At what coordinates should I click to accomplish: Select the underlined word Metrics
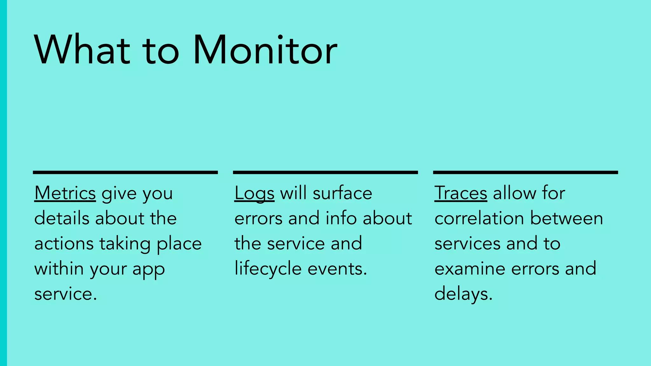coord(65,193)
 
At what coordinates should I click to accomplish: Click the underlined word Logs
coord(254,193)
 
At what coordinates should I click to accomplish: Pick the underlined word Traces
coord(461,193)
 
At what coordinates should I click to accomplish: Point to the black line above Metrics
coord(125,173)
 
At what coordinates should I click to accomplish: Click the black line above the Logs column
coord(325,173)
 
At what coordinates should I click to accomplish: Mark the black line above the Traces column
coord(525,173)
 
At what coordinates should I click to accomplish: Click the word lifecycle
coord(268,269)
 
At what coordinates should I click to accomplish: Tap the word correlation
coord(479,219)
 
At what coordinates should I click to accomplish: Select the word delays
coord(463,294)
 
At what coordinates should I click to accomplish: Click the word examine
coord(470,269)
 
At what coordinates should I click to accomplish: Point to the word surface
coord(342,193)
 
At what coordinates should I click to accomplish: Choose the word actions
coord(64,244)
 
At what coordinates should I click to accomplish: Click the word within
coord(59,269)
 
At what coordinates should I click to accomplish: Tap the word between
coord(566,219)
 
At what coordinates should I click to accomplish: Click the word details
coord(62,219)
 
